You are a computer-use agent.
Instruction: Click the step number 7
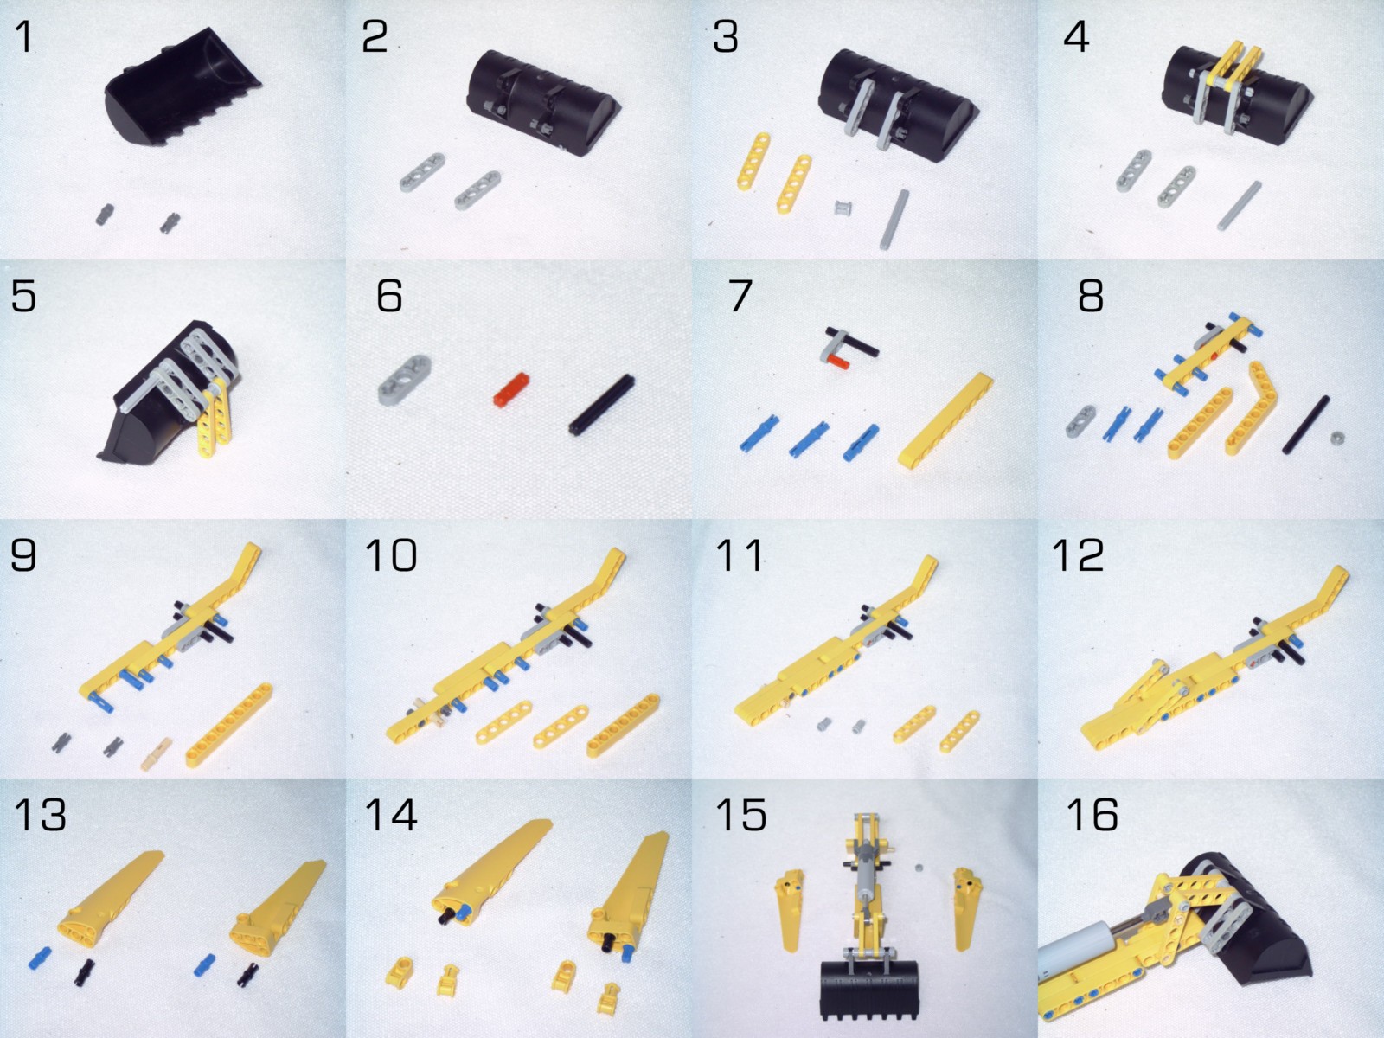tap(740, 296)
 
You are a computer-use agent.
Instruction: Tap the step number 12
tap(1077, 555)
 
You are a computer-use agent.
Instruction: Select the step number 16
tap(1092, 815)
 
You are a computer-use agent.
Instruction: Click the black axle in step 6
tap(602, 404)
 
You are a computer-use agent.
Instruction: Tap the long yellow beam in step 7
tap(945, 420)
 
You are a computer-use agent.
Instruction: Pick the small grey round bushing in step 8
tap(1338, 439)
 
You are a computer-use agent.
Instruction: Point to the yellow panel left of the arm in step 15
tap(789, 910)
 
